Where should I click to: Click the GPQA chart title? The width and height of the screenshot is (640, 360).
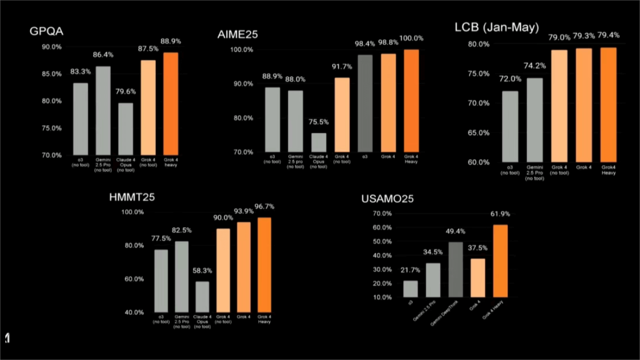point(46,31)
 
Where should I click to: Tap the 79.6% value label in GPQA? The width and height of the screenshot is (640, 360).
point(125,92)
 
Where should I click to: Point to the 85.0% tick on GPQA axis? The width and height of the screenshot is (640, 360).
point(52,74)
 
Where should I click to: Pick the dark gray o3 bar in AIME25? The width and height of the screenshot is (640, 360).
point(365,103)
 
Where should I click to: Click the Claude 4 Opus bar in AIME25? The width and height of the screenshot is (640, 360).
point(319,142)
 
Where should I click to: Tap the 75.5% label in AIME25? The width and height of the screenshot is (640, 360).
point(318,122)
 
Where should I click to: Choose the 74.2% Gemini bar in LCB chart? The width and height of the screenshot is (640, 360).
point(535,120)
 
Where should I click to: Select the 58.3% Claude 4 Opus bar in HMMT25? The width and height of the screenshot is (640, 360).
point(202,297)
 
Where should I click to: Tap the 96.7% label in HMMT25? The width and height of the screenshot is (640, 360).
point(264,206)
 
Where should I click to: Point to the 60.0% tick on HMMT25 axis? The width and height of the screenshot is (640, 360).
point(133,279)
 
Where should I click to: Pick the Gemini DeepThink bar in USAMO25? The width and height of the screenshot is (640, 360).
point(456,269)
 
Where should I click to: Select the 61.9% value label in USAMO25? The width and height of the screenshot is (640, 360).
point(500,214)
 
